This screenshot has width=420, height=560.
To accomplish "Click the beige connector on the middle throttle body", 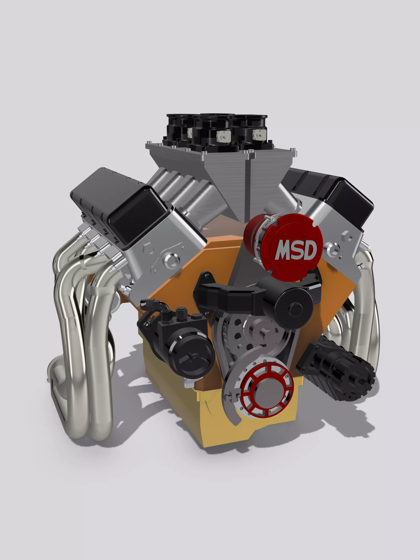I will (224, 137).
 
